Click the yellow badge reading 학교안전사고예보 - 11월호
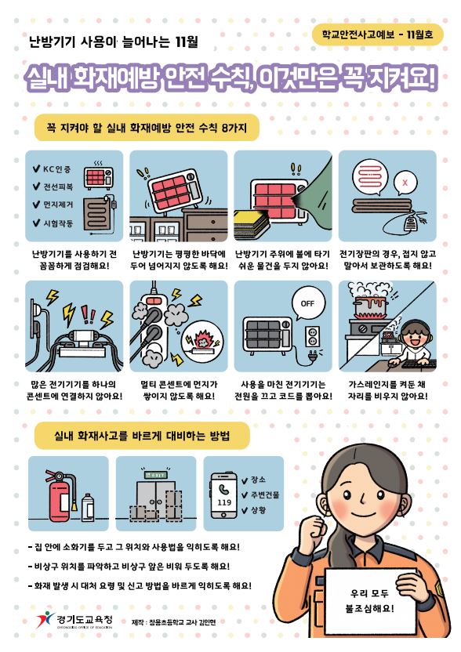tap(377, 34)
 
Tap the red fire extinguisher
tap(60, 494)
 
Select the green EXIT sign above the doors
tap(155, 474)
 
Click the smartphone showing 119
tap(224, 495)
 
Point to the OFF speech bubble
tap(308, 304)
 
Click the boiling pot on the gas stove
tap(369, 306)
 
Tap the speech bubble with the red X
tap(405, 182)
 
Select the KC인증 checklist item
tap(53, 169)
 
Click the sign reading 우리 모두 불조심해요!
tap(370, 600)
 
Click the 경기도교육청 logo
tap(74, 620)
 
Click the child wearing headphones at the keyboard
tap(412, 343)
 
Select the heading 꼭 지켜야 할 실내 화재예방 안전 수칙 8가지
tap(147, 127)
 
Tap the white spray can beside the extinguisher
tap(88, 507)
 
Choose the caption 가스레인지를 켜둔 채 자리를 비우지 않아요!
tap(387, 390)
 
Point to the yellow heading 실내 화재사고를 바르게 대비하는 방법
tap(142, 436)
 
